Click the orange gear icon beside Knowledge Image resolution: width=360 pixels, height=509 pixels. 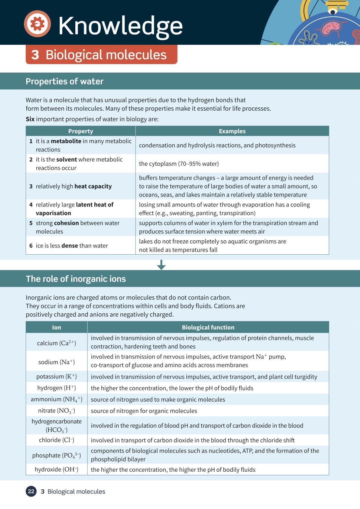pos(37,24)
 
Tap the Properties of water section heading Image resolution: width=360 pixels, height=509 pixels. pos(64,81)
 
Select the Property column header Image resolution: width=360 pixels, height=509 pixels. pos(80,131)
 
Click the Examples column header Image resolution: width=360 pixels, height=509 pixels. pos(232,131)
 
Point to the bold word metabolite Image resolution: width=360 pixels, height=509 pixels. pos(66,141)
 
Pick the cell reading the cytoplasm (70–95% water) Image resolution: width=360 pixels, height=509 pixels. pos(179,164)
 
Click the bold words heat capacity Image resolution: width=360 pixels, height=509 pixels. pos(93,186)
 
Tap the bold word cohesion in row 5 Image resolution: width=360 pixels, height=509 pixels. pos(66,223)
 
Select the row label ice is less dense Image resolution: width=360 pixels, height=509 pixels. pos(72,246)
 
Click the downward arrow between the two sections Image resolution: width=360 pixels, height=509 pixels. pos(161,265)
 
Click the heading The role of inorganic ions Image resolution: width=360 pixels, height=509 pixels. pos(76,279)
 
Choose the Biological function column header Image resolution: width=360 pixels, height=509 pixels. pos(208,328)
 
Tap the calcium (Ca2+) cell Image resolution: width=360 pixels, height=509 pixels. pos(57,343)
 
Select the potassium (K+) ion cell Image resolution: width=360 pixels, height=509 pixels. pos(57,377)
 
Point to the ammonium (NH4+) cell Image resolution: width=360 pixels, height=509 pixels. pos(57,400)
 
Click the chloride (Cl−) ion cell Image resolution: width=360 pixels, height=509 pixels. pos(57,440)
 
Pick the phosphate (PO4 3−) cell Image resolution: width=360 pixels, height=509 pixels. pos(57,455)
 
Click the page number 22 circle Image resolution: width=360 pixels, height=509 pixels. pos(31,491)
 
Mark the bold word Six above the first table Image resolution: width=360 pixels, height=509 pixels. pos(30,119)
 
